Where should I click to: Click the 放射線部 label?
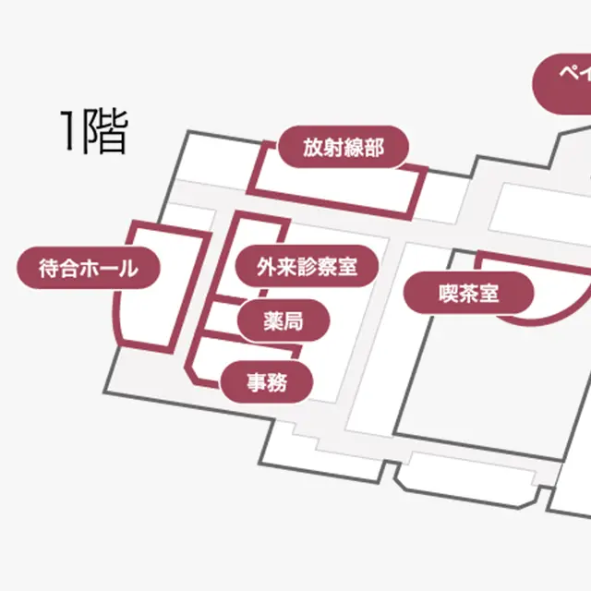click(343, 147)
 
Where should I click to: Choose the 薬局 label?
click(283, 321)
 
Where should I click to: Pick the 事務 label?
click(267, 380)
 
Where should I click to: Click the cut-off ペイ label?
click(563, 78)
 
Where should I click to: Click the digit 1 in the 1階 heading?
click(68, 131)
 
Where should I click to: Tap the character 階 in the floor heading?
click(103, 131)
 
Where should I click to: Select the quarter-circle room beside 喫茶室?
click(545, 295)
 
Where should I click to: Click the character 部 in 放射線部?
click(373, 147)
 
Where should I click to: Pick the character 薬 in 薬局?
click(272, 321)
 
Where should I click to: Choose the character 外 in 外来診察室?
click(268, 268)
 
